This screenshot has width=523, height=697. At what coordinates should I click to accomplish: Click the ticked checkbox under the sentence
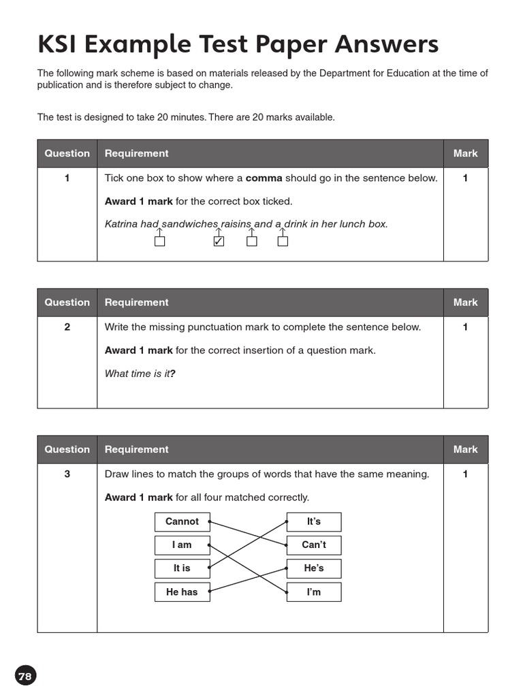click(x=219, y=241)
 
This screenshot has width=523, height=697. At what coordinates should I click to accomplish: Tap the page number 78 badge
click(x=25, y=676)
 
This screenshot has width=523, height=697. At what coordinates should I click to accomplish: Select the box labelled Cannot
click(x=182, y=522)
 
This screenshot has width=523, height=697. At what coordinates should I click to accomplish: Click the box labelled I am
click(x=182, y=545)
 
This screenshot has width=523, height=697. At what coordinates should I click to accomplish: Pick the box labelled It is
click(x=182, y=568)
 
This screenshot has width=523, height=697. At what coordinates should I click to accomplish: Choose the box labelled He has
click(x=182, y=592)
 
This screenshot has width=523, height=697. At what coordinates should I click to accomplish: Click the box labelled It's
click(x=313, y=522)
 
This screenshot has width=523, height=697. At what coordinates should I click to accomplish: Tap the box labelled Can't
click(x=313, y=545)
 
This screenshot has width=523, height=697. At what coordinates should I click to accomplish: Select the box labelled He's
click(x=313, y=568)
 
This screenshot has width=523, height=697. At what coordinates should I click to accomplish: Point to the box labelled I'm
click(x=313, y=592)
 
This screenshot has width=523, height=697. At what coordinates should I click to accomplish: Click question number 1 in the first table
click(x=67, y=178)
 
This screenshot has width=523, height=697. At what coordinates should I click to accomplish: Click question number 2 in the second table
click(x=67, y=327)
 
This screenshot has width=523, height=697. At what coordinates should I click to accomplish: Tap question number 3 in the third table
click(x=67, y=474)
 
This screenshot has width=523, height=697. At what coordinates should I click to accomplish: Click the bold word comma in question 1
click(x=264, y=178)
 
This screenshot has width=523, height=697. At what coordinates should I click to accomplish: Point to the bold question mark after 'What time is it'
click(x=173, y=374)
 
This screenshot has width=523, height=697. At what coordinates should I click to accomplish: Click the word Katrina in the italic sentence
click(x=121, y=224)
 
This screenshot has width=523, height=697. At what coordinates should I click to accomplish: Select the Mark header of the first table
click(x=465, y=154)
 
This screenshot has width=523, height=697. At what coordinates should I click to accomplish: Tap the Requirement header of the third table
click(x=136, y=450)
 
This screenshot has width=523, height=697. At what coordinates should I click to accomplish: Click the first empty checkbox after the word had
click(x=159, y=241)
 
